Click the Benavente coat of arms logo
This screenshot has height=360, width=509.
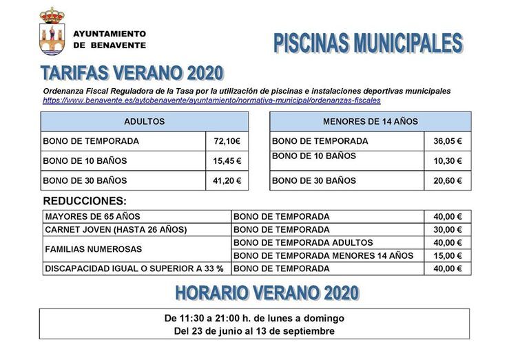[52, 32]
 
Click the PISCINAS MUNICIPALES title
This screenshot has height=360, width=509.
[367, 43]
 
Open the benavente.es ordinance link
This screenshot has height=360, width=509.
[211, 100]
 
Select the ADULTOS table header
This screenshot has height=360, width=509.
[144, 121]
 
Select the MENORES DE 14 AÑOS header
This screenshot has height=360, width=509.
[370, 121]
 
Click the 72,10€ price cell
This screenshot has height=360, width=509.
[227, 141]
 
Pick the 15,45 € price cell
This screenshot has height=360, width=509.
[227, 161]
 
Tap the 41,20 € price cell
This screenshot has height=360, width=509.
[227, 180]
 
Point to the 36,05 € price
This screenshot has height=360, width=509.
[448, 141]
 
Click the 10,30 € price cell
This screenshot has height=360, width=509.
[448, 161]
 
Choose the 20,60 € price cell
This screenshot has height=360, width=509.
[448, 180]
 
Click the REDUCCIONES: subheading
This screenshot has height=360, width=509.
[85, 201]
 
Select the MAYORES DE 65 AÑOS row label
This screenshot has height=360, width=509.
[92, 216]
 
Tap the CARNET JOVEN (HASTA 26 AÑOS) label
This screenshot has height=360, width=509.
[116, 229]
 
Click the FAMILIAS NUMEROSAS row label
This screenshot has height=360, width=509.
[93, 249]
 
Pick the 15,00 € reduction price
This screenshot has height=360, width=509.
[448, 255]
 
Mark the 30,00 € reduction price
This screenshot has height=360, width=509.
[448, 229]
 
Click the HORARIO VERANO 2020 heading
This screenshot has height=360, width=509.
[267, 293]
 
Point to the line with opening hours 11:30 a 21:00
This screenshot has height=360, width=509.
[254, 318]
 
